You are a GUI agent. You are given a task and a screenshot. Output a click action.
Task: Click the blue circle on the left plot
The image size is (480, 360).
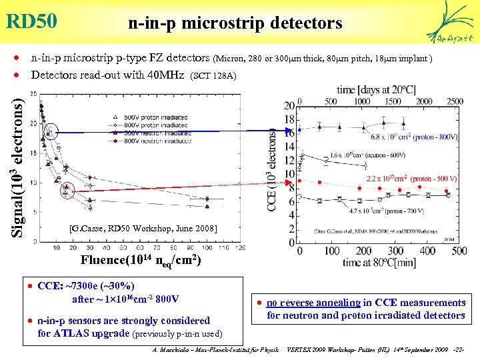(x=51, y=133)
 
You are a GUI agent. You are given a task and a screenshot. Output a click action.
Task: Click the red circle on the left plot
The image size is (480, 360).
(x=67, y=191)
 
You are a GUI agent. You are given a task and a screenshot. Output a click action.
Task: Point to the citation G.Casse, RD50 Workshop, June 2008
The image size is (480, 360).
(x=143, y=229)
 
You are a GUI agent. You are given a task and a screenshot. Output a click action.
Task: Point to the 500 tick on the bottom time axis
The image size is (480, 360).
(x=459, y=251)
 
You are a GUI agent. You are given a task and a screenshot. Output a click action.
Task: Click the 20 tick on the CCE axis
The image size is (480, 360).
(x=289, y=106)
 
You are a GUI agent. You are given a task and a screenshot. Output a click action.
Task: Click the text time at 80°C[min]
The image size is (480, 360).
(x=379, y=262)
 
